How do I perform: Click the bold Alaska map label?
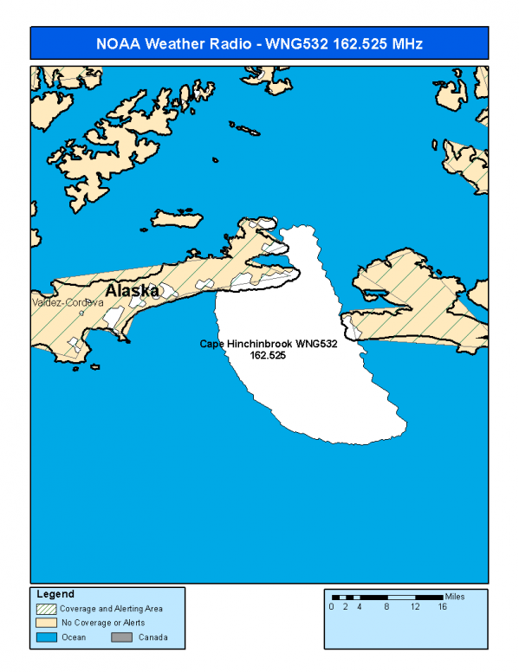(x=132, y=290)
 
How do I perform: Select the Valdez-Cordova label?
(x=67, y=303)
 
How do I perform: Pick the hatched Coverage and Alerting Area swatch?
(x=45, y=609)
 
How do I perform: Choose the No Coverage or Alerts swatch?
(x=45, y=623)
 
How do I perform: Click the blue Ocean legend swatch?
(x=45, y=636)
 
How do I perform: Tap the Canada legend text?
(x=152, y=637)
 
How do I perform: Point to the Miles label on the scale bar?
(x=455, y=597)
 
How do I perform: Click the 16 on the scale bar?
(x=442, y=607)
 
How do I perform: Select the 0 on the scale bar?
(x=331, y=607)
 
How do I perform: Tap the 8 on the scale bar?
(x=386, y=607)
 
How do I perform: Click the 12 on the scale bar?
(x=414, y=607)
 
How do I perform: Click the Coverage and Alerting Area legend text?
(x=111, y=609)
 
